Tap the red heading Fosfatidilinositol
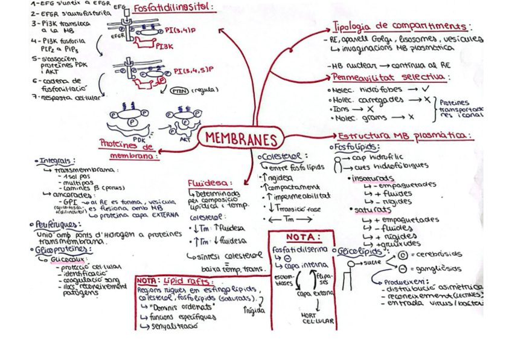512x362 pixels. [x=173, y=7]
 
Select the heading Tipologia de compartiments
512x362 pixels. [x=401, y=27]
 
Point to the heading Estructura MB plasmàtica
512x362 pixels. [x=405, y=135]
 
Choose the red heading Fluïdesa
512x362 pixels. [x=208, y=183]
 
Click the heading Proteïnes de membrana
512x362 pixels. [x=128, y=148]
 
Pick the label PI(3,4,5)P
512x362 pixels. [x=193, y=71]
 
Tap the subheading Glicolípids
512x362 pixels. [x=360, y=250]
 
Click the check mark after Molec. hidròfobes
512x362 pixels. [x=427, y=88]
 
